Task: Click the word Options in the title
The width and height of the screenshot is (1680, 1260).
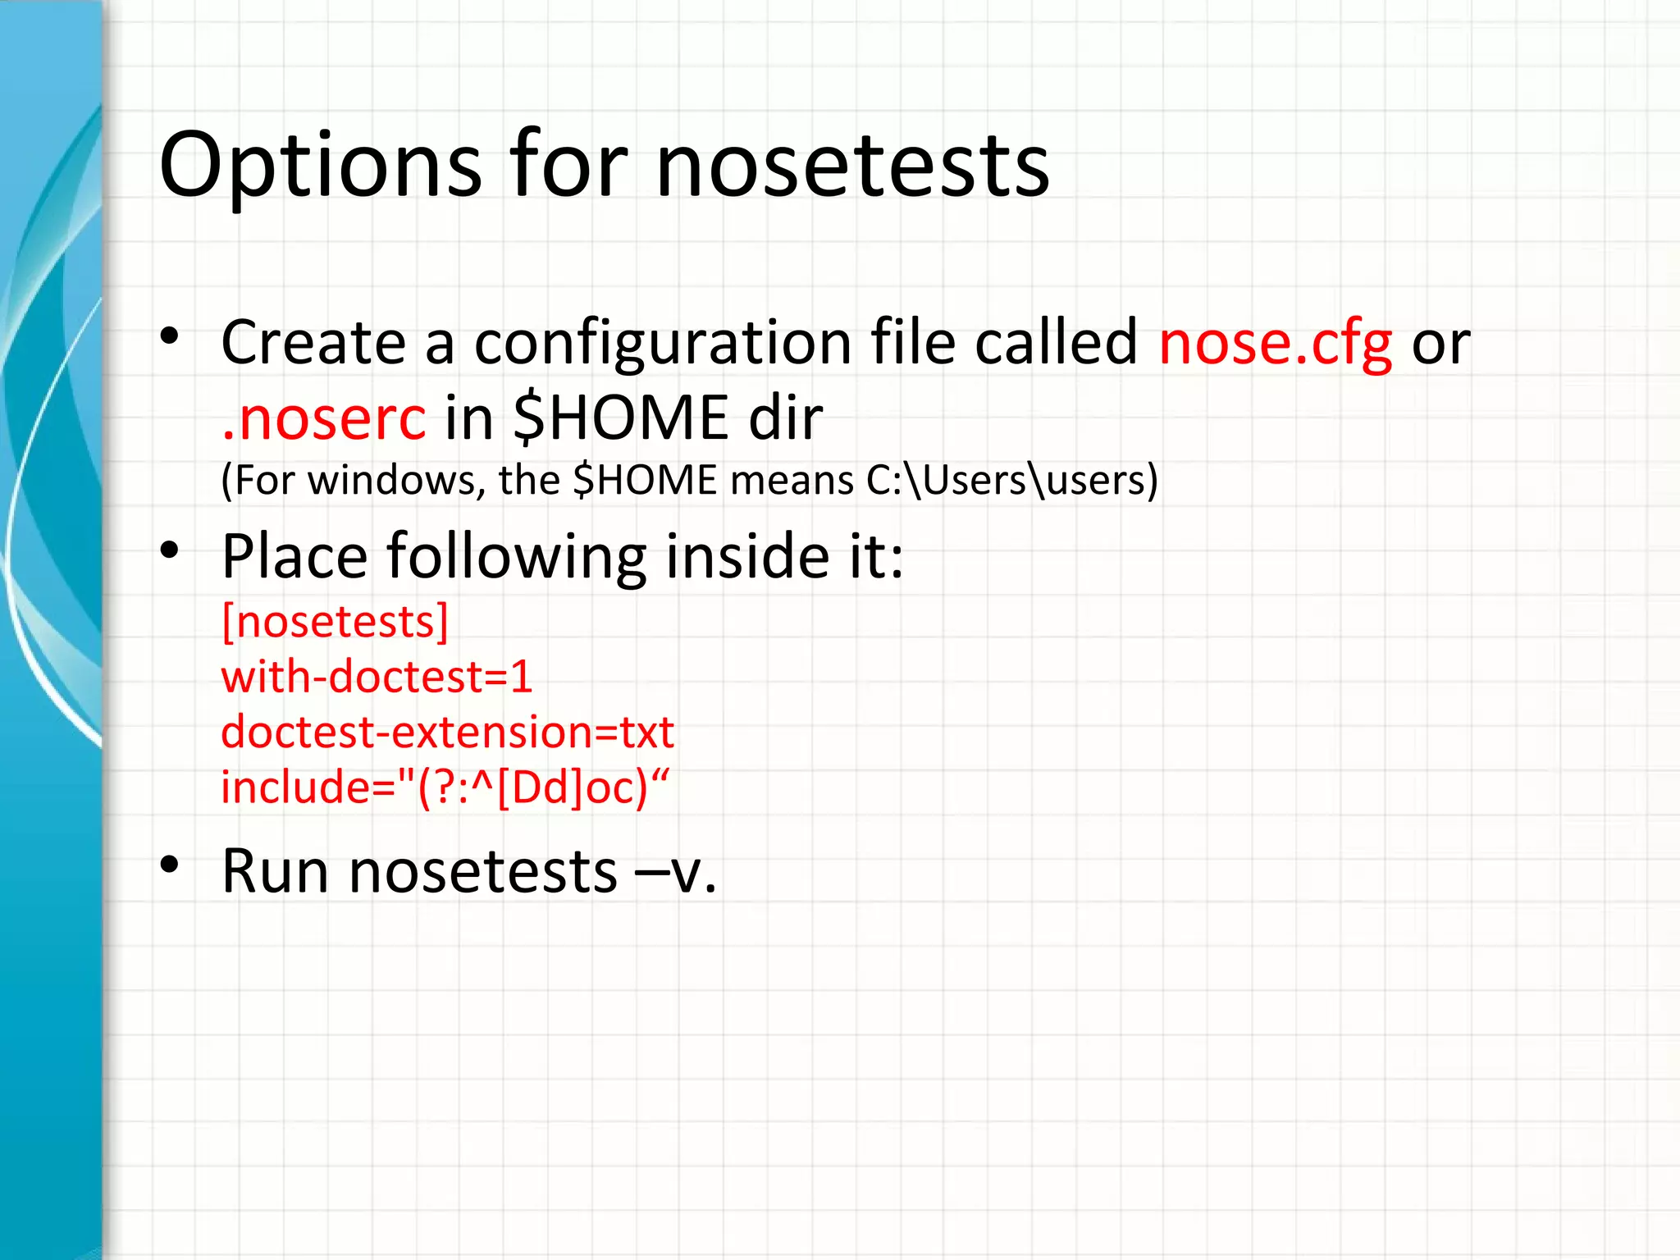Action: coord(320,166)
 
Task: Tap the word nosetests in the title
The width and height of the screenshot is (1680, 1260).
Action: coord(852,166)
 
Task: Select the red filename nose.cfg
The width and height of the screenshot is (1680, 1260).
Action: coord(1275,343)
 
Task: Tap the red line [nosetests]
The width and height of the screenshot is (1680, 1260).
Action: coord(335,622)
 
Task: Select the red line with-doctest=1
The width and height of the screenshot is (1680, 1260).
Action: coord(377,677)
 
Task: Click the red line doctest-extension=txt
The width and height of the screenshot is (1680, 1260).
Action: coord(447,732)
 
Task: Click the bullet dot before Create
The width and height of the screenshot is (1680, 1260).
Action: coord(170,336)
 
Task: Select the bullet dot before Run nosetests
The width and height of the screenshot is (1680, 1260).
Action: coord(170,865)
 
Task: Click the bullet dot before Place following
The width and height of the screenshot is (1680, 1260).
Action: coord(170,550)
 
